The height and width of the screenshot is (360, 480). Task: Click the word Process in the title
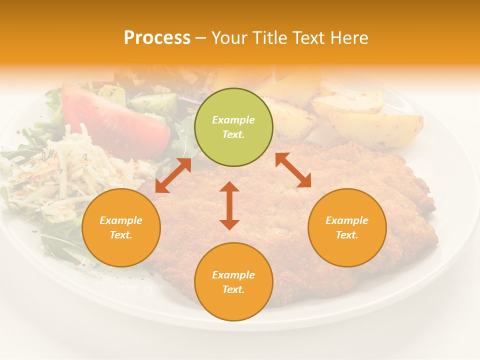[x=157, y=38]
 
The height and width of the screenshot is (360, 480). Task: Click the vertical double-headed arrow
[x=229, y=205]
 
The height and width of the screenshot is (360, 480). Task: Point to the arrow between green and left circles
[x=173, y=175]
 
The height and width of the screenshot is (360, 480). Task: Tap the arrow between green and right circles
[x=293, y=170]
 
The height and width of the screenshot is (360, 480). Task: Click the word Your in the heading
[x=227, y=38]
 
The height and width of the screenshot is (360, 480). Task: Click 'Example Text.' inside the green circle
[x=233, y=127]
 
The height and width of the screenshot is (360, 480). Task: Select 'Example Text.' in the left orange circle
[x=121, y=227]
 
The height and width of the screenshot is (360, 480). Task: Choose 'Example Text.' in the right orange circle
[x=347, y=227]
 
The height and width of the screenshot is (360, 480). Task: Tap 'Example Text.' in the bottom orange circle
[x=233, y=282]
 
